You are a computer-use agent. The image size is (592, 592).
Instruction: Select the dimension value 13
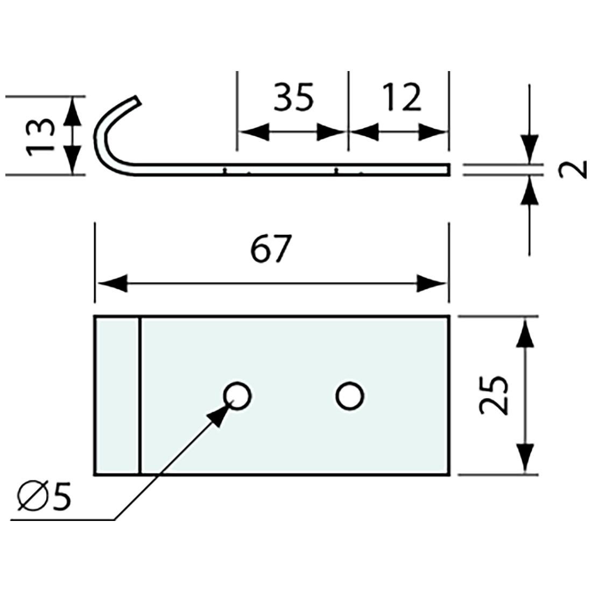42,136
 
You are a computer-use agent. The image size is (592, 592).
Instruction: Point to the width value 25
494,395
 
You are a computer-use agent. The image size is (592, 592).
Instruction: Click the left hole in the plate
237,397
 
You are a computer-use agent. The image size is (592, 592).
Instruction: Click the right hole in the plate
350,397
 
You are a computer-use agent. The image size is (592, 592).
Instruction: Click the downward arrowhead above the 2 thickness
530,148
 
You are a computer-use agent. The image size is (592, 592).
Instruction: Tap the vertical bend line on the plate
140,396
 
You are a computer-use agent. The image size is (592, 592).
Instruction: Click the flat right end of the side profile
448,170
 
